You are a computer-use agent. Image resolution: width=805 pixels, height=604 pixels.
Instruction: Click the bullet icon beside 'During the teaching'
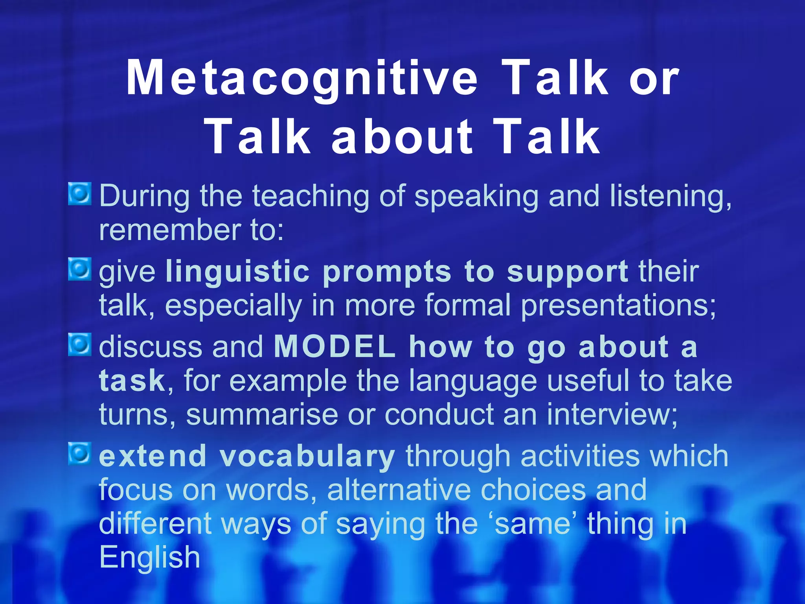(x=80, y=193)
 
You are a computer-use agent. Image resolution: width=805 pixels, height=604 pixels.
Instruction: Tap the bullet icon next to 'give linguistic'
(x=80, y=269)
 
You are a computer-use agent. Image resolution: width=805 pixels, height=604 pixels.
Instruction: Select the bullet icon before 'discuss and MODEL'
(x=80, y=344)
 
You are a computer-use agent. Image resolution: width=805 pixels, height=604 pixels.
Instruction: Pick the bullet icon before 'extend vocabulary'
(x=80, y=453)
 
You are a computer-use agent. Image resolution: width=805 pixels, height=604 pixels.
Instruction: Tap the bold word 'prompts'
(x=387, y=272)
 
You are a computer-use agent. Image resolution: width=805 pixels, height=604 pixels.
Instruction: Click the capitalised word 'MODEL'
(x=334, y=347)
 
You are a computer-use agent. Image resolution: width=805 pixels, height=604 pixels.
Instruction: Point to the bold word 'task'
(x=132, y=381)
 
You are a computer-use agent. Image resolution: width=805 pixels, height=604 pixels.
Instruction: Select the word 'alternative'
(x=399, y=490)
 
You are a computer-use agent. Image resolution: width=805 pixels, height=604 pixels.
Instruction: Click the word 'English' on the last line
(x=149, y=558)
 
